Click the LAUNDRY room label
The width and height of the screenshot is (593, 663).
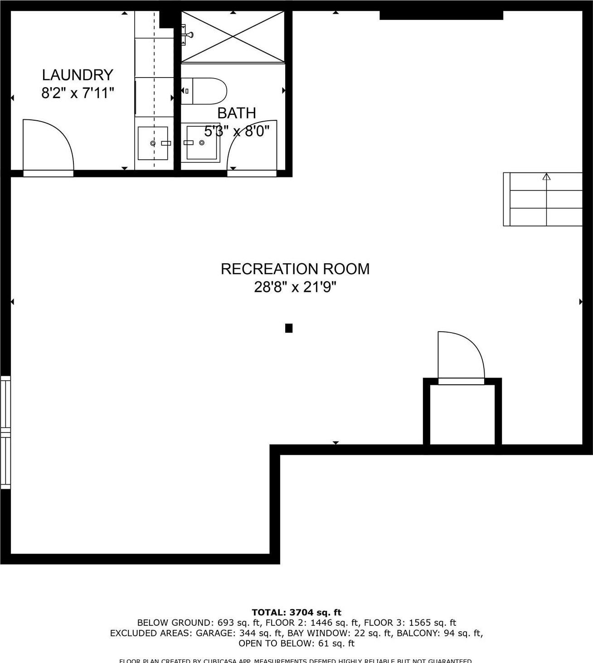tap(77, 75)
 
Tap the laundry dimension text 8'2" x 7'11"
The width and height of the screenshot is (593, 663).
tap(77, 93)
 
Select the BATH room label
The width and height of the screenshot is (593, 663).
tap(236, 113)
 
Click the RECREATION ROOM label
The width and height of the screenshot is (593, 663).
tap(295, 269)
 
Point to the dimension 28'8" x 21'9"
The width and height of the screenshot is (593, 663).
tap(295, 287)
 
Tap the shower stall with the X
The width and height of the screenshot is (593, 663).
tap(233, 37)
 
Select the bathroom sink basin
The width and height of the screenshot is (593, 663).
tap(201, 142)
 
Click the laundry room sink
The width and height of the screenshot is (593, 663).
tap(153, 143)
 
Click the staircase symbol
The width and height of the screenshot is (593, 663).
tap(543, 199)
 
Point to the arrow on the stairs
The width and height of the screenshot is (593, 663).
tap(546, 177)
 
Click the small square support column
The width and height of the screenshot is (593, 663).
tap(289, 328)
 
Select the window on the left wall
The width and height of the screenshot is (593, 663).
tap(5, 432)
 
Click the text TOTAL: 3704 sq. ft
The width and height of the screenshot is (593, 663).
tap(296, 613)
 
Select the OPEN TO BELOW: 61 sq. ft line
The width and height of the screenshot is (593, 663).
tap(296, 643)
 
